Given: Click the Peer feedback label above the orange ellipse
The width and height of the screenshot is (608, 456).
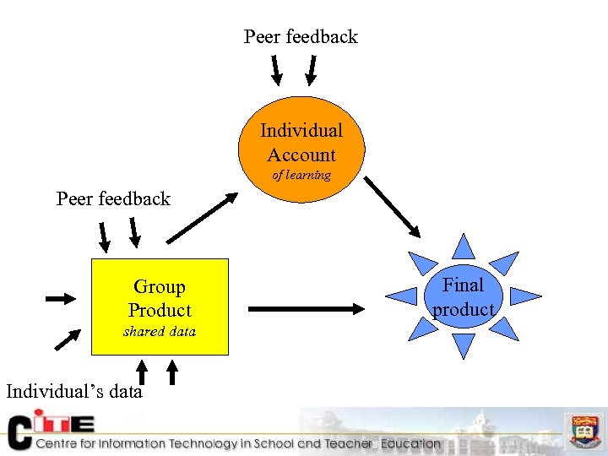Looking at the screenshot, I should (x=301, y=36).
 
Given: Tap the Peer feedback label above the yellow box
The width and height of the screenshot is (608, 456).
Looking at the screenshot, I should (x=113, y=198).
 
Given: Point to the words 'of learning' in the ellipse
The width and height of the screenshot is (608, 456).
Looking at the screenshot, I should (x=301, y=176).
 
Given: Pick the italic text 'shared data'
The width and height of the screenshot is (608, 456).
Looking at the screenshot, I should (x=160, y=331).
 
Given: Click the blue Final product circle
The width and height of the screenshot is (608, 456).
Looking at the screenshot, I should (x=463, y=296).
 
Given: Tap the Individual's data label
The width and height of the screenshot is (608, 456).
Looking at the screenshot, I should (x=74, y=391).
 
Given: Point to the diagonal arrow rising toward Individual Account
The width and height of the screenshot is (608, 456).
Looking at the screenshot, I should (x=202, y=218).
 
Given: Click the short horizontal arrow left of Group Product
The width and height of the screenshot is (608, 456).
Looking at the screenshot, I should (x=60, y=298).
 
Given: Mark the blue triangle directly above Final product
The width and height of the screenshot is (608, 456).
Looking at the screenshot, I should (x=463, y=246).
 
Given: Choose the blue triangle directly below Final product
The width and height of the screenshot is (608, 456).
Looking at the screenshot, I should (x=463, y=345).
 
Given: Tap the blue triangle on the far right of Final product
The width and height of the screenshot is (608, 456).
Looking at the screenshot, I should (x=524, y=296).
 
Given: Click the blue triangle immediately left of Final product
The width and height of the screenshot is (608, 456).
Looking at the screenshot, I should (x=403, y=296).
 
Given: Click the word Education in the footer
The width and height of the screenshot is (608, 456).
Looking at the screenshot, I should (x=410, y=443).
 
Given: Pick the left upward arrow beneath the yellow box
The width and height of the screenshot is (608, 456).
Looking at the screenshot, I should (x=142, y=372).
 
